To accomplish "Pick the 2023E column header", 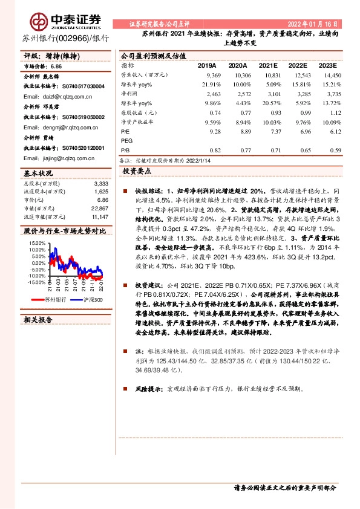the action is point(327,65).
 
